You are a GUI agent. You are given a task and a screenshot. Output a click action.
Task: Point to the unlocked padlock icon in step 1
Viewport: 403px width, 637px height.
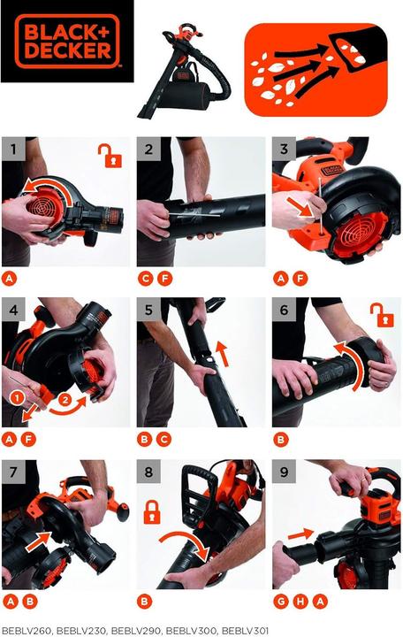(110, 157)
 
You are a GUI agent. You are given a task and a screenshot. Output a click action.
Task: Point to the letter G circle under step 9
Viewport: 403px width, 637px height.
(280, 602)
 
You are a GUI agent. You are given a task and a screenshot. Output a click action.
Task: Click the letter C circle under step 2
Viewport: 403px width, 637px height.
(145, 279)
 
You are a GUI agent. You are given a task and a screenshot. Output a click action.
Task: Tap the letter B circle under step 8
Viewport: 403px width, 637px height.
(145, 602)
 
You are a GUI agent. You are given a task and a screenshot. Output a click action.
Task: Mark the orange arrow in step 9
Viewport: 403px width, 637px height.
(300, 534)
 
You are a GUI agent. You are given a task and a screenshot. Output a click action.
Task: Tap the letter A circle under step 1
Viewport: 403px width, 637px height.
(9, 279)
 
